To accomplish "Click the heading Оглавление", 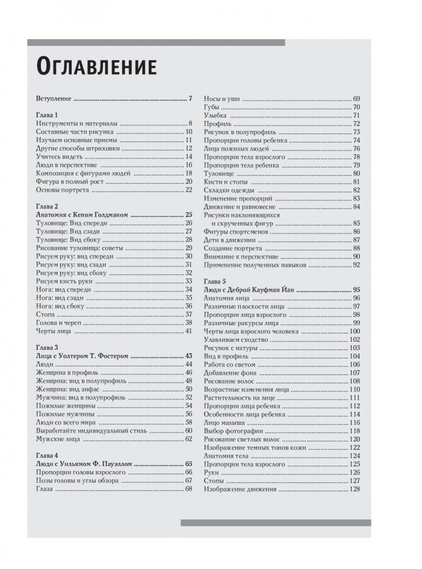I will click(x=96, y=66).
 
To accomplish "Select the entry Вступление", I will click(x=53, y=98).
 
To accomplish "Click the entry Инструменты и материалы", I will click(x=76, y=123).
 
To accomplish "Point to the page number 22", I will click(x=189, y=189).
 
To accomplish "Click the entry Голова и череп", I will click(x=59, y=322).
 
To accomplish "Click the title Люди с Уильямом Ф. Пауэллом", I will click(x=84, y=463).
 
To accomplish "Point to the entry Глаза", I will click(x=44, y=488).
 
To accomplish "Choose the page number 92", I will click(x=356, y=264).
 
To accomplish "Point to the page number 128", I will click(x=355, y=488).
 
